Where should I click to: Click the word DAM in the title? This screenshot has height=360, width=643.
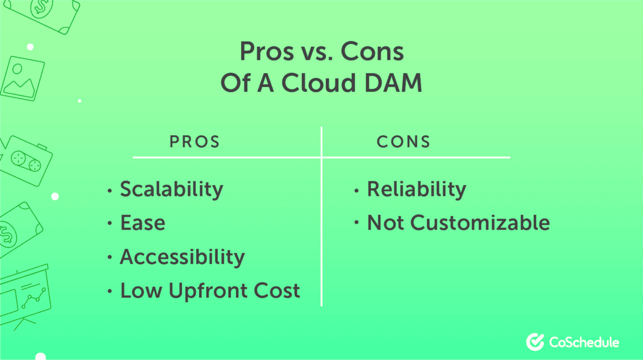coord(393,83)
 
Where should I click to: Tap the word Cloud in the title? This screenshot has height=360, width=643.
coord(319,82)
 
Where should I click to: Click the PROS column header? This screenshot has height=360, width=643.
coord(195,141)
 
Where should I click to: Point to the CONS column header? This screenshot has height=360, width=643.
coord(403,141)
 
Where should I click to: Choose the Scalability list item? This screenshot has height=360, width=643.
coord(172,190)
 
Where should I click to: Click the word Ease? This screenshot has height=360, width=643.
coord(143,223)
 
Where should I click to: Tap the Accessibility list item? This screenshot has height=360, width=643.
coord(182,257)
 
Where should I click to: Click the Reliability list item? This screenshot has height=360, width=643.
coord(417,190)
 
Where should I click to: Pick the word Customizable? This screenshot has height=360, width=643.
coord(480,223)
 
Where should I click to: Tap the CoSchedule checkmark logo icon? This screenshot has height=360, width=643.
coord(535,342)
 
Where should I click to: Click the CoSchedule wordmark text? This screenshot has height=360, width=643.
coord(584,342)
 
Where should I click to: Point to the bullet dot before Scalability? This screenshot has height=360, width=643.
coord(110,191)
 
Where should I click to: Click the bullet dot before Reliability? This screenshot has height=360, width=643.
coord(356,191)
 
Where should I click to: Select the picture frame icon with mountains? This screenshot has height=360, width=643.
coord(22,79)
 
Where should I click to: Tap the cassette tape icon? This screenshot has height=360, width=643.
coord(26,161)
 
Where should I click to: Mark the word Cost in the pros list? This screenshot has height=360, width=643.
coord(277,290)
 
